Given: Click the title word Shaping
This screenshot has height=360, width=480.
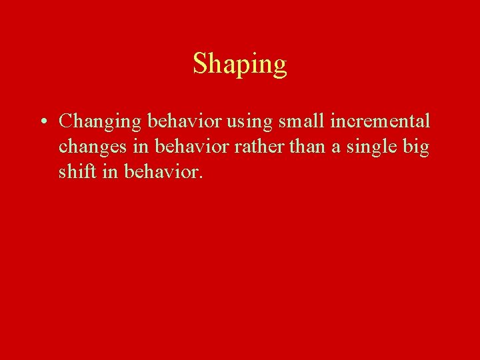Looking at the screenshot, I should point(240,65).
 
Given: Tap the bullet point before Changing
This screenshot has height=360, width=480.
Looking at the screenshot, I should point(42,123).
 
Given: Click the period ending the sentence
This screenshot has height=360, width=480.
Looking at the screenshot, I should point(198,178).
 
